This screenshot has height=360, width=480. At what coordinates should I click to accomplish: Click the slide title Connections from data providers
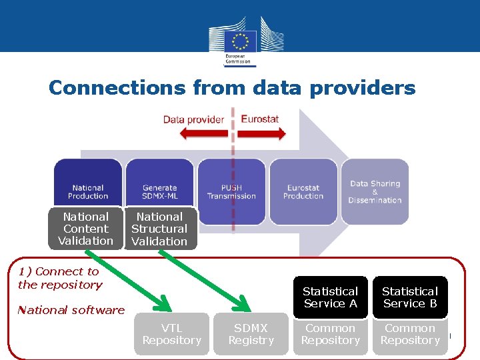(232, 88)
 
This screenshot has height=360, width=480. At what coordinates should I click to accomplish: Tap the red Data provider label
(193, 120)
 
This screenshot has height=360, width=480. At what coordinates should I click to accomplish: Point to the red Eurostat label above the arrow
(259, 119)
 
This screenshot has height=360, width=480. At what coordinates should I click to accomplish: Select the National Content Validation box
(85, 229)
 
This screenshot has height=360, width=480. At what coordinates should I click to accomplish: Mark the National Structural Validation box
(159, 229)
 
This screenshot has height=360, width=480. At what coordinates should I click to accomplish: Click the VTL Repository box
(171, 334)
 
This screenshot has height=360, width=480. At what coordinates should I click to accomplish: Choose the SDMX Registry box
(251, 334)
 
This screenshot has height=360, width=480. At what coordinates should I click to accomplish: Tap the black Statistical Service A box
(330, 297)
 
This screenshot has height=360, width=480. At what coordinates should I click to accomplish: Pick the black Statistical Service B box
(409, 297)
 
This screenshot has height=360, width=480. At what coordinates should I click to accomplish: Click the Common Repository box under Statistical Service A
(330, 334)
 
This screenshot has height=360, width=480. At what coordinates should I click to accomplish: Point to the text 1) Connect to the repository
(60, 278)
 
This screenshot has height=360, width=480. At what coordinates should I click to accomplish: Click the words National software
(71, 310)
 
